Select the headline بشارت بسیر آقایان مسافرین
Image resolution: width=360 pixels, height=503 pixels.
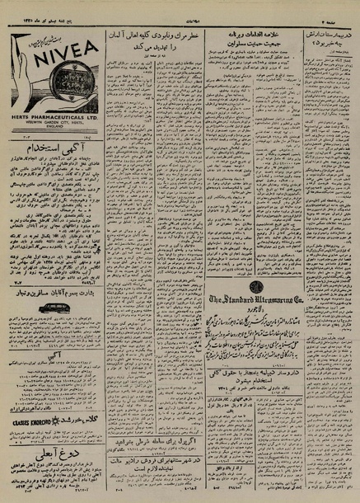54,290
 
